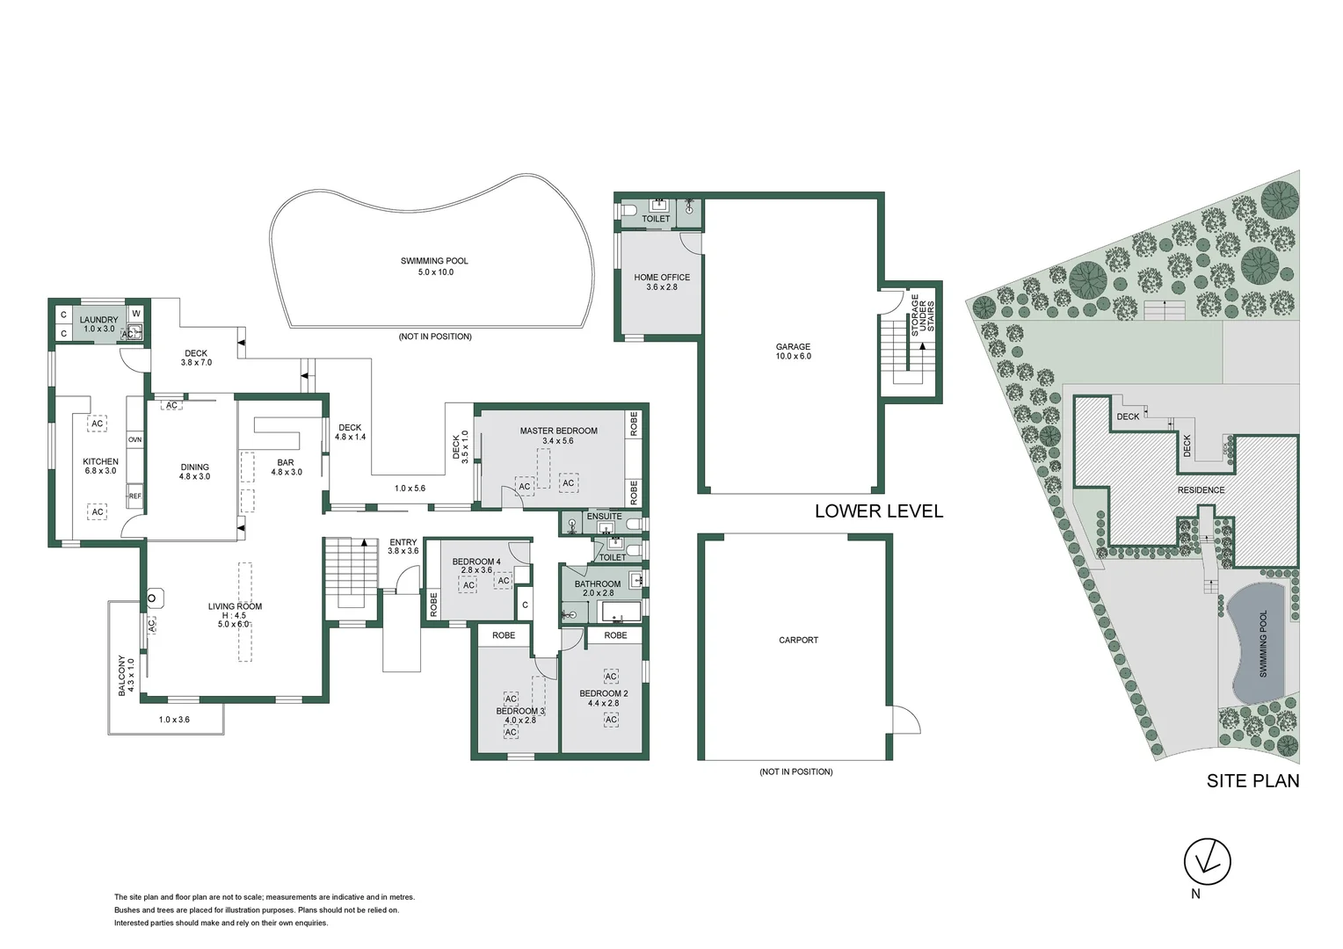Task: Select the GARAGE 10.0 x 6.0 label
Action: pos(793,351)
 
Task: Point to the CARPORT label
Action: pos(798,640)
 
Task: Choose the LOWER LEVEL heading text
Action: pos(878,511)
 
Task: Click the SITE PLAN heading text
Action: pos(1252,780)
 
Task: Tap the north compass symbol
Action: pos(1207,862)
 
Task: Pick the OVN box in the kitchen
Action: pos(134,439)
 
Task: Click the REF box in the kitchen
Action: pos(134,496)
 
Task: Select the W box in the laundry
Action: pos(135,314)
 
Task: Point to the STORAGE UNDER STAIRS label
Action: pos(922,314)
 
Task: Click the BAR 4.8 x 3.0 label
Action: pos(286,467)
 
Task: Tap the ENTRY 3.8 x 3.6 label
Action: pos(403,547)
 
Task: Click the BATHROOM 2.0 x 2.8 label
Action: pos(598,588)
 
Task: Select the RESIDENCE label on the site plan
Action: pos(1201,490)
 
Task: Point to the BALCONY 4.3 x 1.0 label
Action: pos(126,676)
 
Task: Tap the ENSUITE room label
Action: pos(604,517)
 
